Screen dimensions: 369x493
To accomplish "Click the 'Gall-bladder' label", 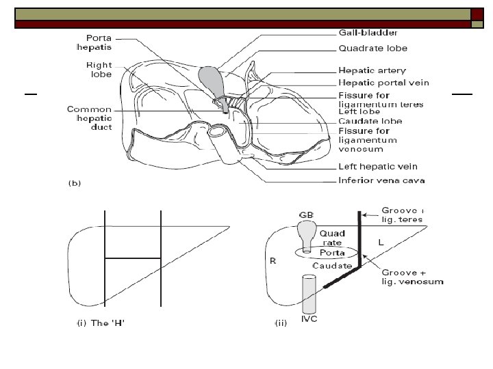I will tap(368, 33).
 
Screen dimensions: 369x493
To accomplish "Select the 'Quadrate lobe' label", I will tap(373, 49).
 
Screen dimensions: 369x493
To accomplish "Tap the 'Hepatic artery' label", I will tap(372, 70).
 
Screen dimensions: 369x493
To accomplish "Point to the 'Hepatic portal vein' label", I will tap(384, 83).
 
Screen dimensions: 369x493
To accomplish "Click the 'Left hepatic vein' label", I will tap(378, 167).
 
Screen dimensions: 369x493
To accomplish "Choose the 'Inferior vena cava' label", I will tap(382, 180).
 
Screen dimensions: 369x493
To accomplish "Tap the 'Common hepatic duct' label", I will tap(90, 120).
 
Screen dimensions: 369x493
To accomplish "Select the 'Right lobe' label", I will tap(98, 70).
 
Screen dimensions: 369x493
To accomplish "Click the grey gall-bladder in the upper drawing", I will tap(212, 80).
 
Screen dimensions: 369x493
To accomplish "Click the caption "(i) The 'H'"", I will tap(99, 323).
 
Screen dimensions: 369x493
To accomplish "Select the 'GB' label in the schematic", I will tap(307, 214).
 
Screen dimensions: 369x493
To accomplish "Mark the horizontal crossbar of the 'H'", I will tap(132, 258).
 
